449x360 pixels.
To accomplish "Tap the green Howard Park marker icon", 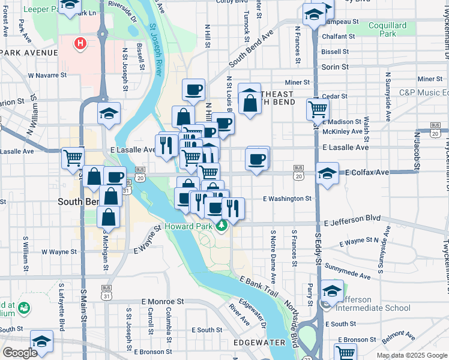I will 221,225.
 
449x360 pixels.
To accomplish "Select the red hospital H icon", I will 79,43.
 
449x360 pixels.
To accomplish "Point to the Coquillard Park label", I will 388,29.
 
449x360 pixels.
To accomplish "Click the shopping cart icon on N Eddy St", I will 318,109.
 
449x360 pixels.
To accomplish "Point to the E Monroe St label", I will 163,301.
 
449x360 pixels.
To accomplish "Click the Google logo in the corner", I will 20,353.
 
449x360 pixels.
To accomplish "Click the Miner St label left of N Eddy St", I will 297,82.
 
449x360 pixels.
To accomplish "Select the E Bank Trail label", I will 259,289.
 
